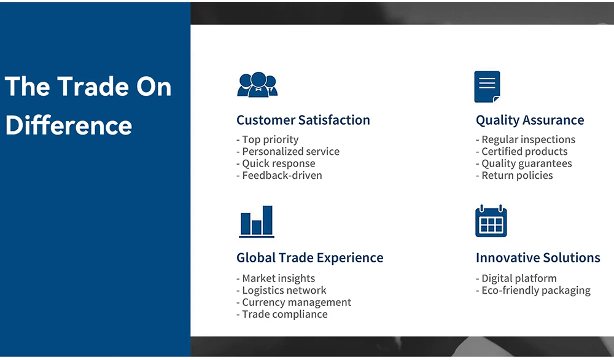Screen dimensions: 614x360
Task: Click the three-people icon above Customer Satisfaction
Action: [257, 84]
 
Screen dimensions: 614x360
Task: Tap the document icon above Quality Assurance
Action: [487, 87]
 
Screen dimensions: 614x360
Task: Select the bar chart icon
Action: [257, 221]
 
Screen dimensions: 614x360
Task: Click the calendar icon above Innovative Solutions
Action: [491, 221]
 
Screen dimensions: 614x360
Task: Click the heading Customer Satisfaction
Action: [303, 120]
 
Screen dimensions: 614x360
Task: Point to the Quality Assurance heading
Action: [530, 120]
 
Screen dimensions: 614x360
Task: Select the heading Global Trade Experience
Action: [309, 258]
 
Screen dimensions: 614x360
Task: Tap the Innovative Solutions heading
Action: [538, 258]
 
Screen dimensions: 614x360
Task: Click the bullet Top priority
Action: [268, 140]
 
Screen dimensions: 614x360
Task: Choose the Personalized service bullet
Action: [288, 152]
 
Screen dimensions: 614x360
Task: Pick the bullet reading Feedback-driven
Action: [279, 176]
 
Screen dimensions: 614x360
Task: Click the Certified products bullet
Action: [521, 152]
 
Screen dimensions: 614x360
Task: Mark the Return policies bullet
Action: [514, 176]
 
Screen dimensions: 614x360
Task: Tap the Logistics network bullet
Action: [281, 290]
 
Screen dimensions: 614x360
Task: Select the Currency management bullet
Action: [293, 302]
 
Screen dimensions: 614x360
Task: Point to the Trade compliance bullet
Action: [282, 314]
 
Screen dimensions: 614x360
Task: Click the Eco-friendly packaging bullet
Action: [533, 291]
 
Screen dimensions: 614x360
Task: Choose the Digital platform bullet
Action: [516, 278]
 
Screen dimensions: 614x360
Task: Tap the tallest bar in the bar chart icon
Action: [268, 220]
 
